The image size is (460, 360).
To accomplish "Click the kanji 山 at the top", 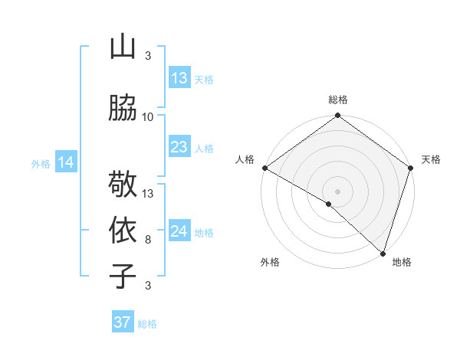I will click(123, 47).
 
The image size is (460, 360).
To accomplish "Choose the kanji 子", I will click(123, 276).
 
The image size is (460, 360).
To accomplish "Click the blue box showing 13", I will click(179, 78).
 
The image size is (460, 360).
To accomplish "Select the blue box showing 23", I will click(179, 147).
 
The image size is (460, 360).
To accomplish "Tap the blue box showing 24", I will click(179, 231).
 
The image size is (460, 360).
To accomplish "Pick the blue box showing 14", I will click(66, 162).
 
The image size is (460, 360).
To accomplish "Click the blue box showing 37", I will click(123, 322).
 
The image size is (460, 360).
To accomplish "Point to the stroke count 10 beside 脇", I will click(148, 117).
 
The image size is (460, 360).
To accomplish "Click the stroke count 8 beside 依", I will click(148, 240).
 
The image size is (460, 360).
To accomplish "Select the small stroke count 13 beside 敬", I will click(148, 193).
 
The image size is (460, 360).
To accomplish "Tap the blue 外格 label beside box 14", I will click(41, 163).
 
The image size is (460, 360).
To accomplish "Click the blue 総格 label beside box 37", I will click(147, 324).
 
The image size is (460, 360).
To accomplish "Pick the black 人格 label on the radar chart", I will click(245, 159).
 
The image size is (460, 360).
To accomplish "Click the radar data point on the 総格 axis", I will click(337, 116).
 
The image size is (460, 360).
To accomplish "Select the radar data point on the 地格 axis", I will click(383, 253).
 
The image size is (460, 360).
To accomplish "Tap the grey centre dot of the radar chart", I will click(337, 190).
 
